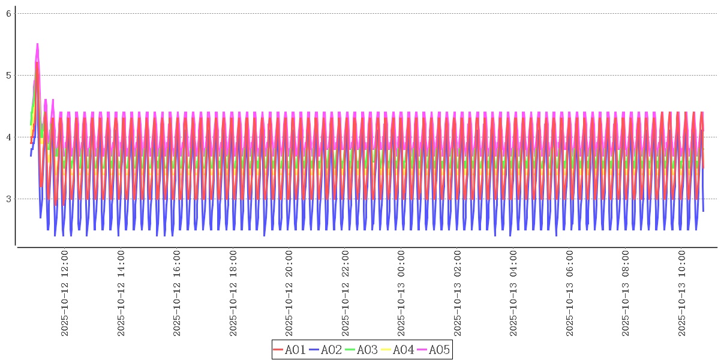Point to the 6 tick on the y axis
click(9, 13)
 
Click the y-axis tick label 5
click(9, 75)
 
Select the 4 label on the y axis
click(9, 137)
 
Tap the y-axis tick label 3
click(9, 199)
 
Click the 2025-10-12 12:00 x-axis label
click(65, 293)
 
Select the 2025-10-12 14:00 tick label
click(121, 293)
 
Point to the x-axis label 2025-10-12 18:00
click(233, 293)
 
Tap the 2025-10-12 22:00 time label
click(346, 293)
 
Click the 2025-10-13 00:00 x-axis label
click(401, 293)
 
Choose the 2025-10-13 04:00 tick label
click(513, 293)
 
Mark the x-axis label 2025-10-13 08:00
click(626, 293)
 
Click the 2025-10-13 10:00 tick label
click(681, 293)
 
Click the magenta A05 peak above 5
click(37, 44)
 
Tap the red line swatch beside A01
click(278, 350)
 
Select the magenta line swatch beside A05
click(422, 350)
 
